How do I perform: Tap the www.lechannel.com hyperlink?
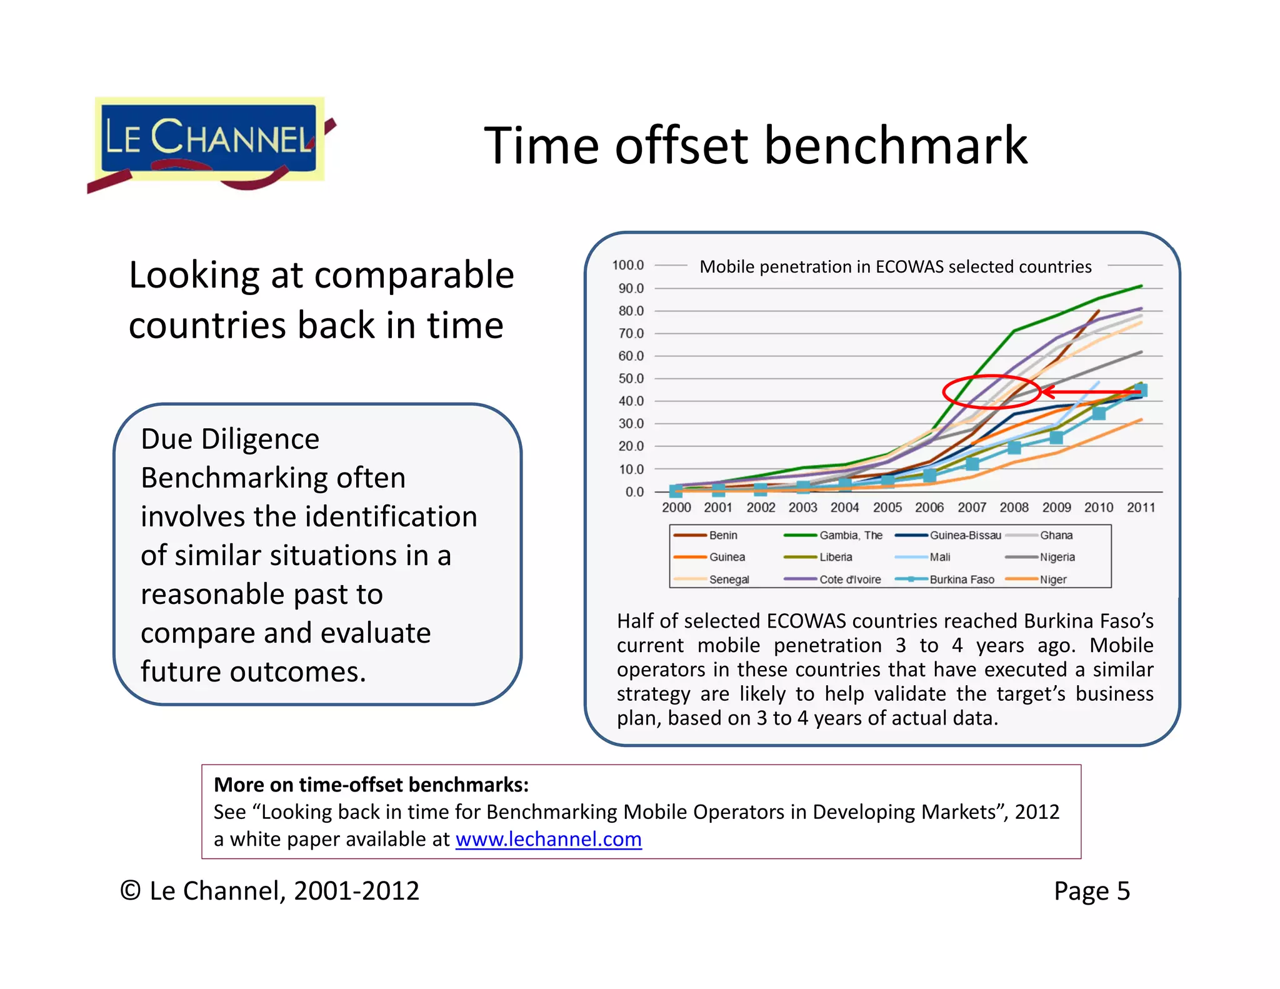(x=548, y=839)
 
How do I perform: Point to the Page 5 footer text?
(x=1091, y=891)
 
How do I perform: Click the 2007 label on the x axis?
(x=971, y=508)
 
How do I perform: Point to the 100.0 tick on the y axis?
(x=627, y=265)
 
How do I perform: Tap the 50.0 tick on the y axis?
(x=630, y=378)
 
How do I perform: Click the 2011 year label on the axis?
(x=1141, y=508)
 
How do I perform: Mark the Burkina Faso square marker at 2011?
(x=1141, y=391)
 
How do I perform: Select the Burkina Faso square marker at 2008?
(x=1014, y=448)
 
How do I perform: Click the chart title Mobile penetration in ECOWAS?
(x=895, y=267)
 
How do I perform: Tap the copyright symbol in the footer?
(x=130, y=891)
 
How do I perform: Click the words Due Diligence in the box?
(x=230, y=439)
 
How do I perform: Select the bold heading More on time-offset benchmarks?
(x=371, y=785)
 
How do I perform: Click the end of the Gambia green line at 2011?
(x=1141, y=286)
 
